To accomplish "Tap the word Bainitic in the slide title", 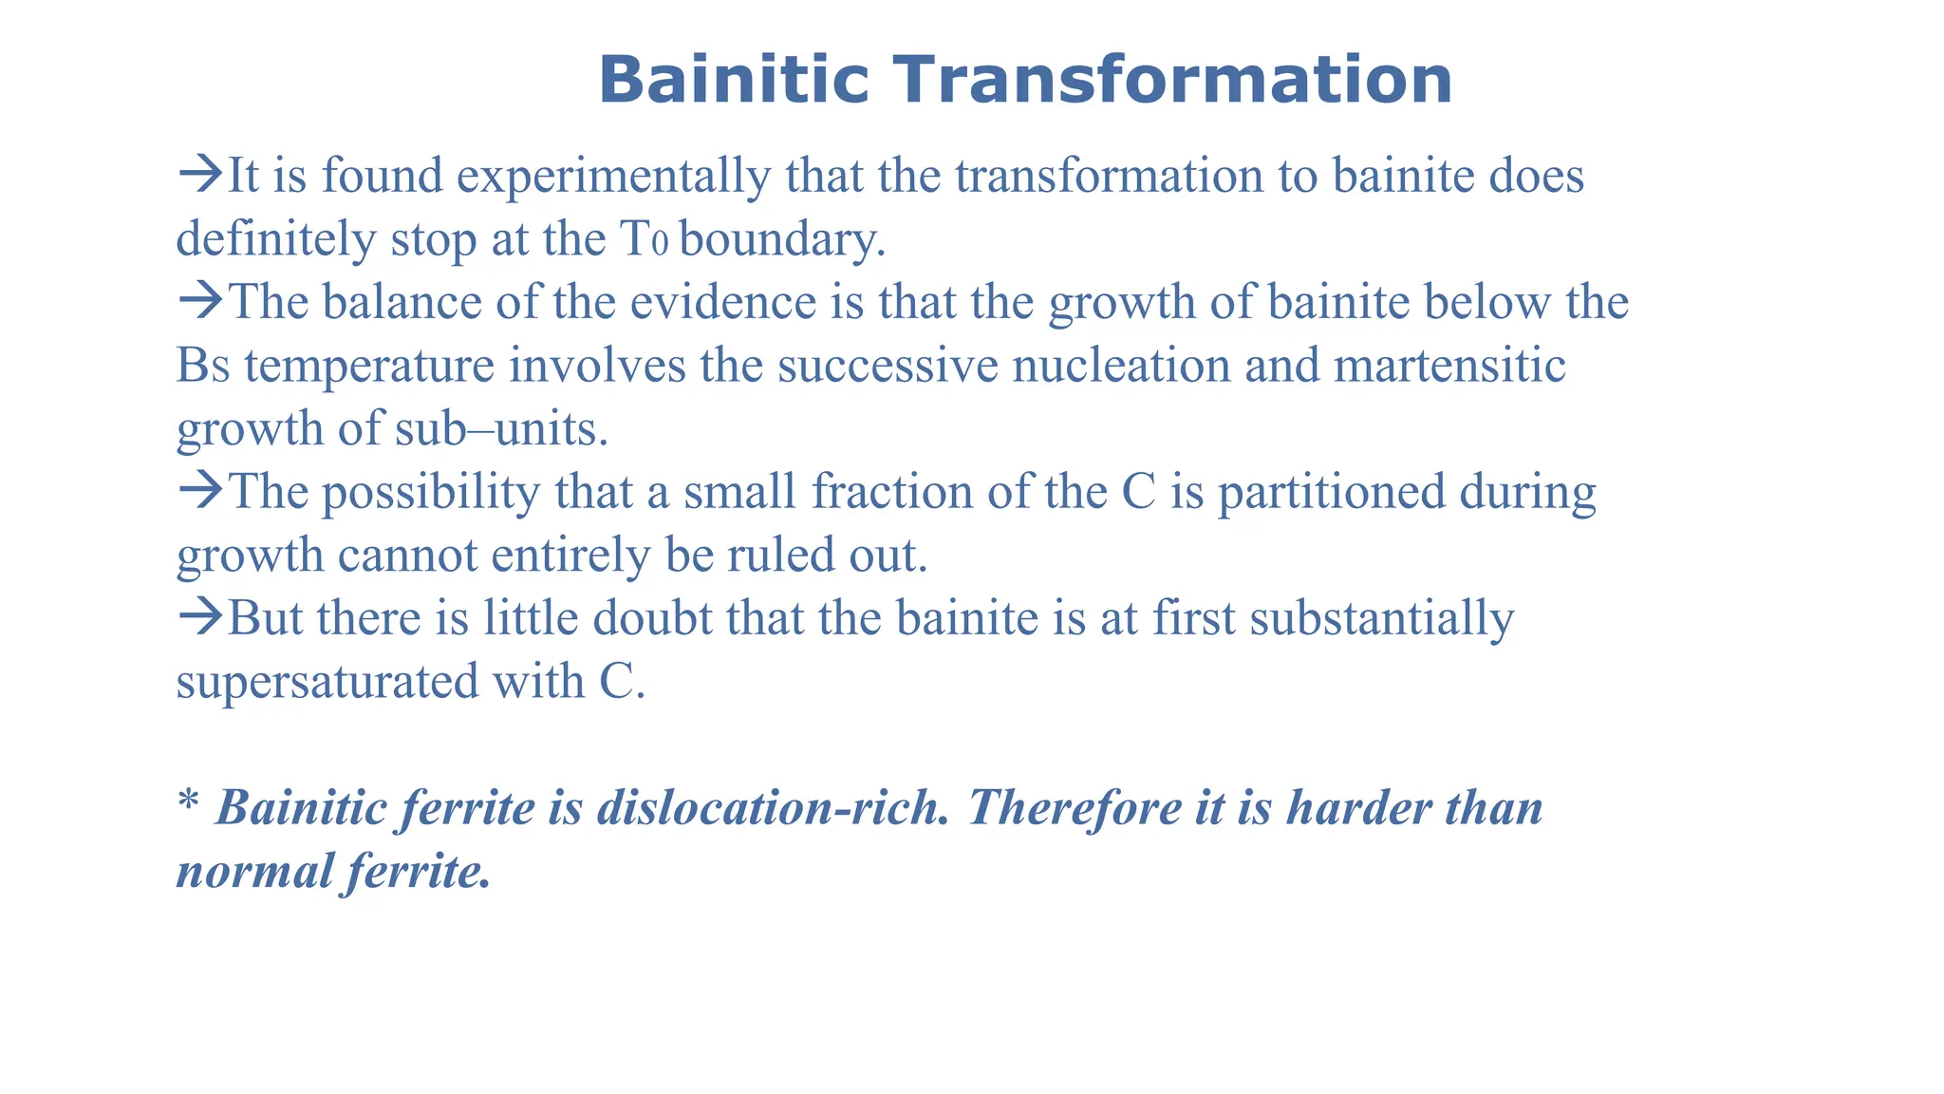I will point(734,80).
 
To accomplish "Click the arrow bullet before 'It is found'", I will point(200,175).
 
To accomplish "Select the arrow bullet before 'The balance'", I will point(200,301).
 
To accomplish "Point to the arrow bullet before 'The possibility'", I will point(200,491).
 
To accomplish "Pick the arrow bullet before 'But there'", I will point(200,617).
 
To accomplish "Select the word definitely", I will point(276,239).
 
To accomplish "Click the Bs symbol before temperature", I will point(203,367).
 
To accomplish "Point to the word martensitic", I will point(1449,366).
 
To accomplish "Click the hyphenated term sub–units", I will point(499,429).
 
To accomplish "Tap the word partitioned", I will point(1331,494).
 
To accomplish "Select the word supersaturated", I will point(327,682).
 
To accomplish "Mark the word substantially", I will point(1382,619).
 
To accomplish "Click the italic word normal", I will point(255,871).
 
